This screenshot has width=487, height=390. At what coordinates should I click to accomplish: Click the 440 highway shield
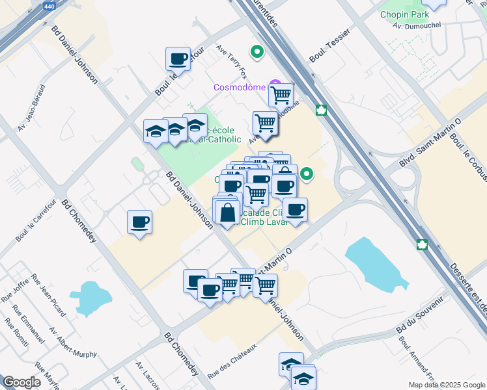[48, 6]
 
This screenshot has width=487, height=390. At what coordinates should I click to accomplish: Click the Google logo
[21, 382]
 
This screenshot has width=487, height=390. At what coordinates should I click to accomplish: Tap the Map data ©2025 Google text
[446, 385]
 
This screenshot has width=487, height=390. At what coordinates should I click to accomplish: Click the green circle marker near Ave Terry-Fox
[257, 51]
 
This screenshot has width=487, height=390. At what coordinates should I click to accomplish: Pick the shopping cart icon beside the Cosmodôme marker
[281, 95]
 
